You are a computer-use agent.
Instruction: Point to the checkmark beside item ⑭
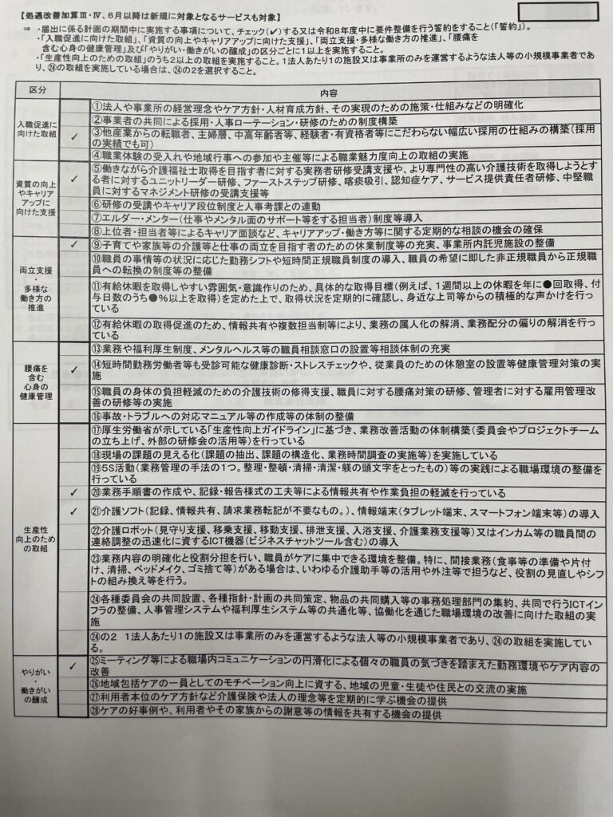(x=74, y=369)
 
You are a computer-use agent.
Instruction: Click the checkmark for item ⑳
(x=74, y=492)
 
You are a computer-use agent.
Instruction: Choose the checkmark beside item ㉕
(x=74, y=665)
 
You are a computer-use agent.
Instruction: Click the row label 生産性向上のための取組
(x=38, y=539)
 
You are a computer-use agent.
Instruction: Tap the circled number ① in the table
(x=95, y=106)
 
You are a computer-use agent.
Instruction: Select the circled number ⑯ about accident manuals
(x=95, y=416)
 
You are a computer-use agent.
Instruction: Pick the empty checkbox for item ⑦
(x=74, y=217)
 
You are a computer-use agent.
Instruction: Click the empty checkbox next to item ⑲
(x=74, y=474)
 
